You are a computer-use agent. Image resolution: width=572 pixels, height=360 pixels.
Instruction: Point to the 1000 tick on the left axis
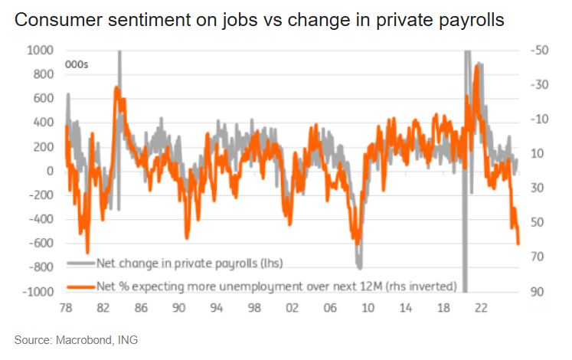pyautogui.click(x=41, y=51)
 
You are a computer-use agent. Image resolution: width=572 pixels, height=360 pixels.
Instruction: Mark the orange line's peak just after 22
pyautogui.click(x=477, y=67)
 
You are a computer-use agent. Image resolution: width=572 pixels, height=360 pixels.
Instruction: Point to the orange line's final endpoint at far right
pyautogui.click(x=518, y=244)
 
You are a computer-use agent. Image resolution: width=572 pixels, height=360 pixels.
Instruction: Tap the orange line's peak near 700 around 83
pyautogui.click(x=116, y=88)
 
